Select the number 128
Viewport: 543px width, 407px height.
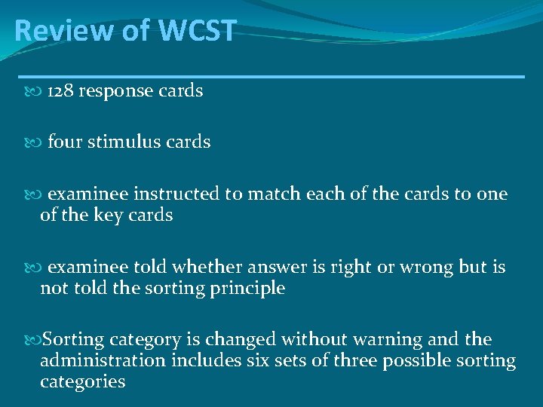[60, 91]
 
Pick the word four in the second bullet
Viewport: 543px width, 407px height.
[65, 142]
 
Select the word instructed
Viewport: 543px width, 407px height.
[177, 194]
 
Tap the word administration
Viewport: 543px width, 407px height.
[103, 361]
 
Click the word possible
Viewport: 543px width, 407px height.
[417, 362]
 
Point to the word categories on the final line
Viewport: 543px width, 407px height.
[82, 382]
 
